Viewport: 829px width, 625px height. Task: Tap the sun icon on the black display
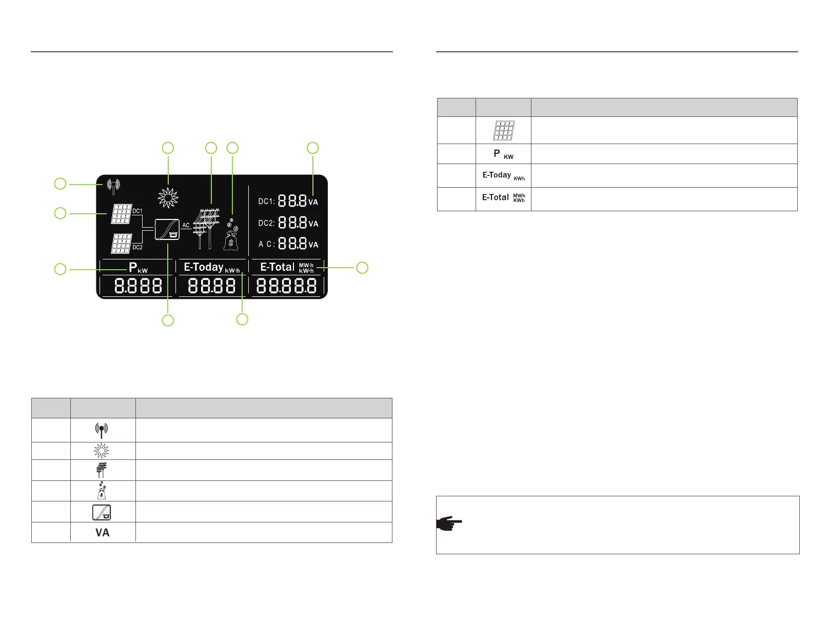(x=168, y=197)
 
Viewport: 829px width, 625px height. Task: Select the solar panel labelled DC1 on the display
(x=122, y=214)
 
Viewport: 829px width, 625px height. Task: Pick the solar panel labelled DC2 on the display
(x=121, y=244)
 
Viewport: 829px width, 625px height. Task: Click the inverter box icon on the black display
(x=167, y=229)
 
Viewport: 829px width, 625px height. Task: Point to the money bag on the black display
(x=231, y=236)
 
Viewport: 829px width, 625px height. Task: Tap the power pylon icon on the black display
(x=206, y=228)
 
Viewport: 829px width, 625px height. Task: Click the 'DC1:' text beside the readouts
(x=266, y=201)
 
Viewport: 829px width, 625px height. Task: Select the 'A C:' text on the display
(x=266, y=244)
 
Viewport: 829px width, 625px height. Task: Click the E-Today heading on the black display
(x=204, y=267)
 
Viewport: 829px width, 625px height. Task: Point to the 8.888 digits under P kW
(x=138, y=286)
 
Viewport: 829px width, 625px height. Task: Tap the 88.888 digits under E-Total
(x=286, y=286)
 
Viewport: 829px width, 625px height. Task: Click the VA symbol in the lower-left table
(x=103, y=533)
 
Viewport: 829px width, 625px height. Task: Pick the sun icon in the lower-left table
(x=102, y=451)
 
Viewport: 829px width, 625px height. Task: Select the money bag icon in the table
(x=102, y=491)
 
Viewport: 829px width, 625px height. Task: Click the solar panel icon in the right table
(x=504, y=130)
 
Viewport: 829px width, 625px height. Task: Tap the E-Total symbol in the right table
(x=503, y=198)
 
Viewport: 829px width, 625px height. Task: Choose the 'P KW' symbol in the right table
(x=503, y=154)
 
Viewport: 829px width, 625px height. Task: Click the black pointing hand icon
(x=449, y=523)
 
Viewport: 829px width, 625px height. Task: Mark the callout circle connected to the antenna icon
(x=61, y=184)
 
